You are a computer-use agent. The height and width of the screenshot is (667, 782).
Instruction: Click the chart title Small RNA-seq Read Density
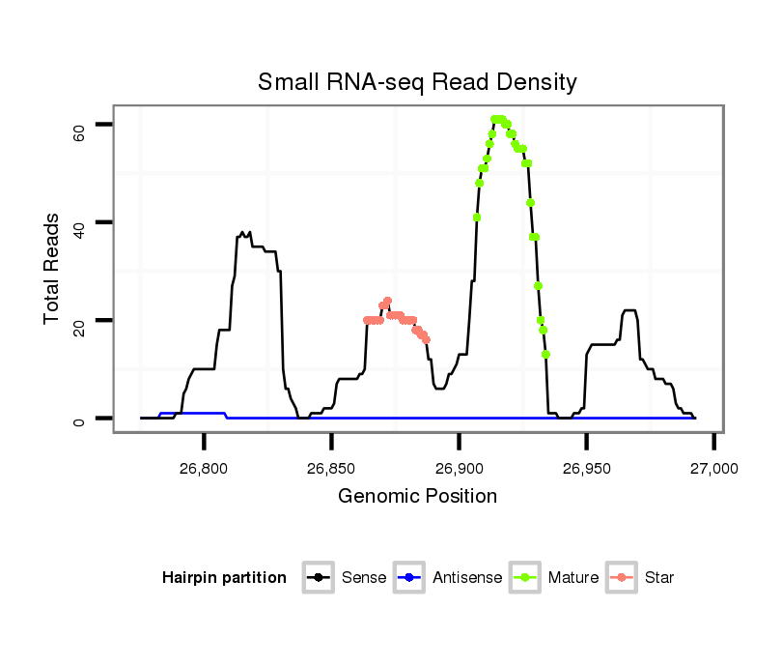click(x=417, y=82)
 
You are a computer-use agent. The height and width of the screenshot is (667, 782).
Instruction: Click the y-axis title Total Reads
click(x=52, y=270)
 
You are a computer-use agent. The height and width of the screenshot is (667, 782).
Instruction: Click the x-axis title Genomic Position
click(x=417, y=497)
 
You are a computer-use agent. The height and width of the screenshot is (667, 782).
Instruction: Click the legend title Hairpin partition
click(x=224, y=578)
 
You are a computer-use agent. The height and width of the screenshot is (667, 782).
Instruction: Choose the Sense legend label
click(x=364, y=578)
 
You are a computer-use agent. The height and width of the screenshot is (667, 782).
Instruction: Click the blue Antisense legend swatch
click(x=410, y=578)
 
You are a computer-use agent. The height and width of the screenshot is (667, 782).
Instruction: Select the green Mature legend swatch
click(x=526, y=578)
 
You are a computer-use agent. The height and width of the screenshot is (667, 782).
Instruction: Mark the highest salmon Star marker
click(x=387, y=301)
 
